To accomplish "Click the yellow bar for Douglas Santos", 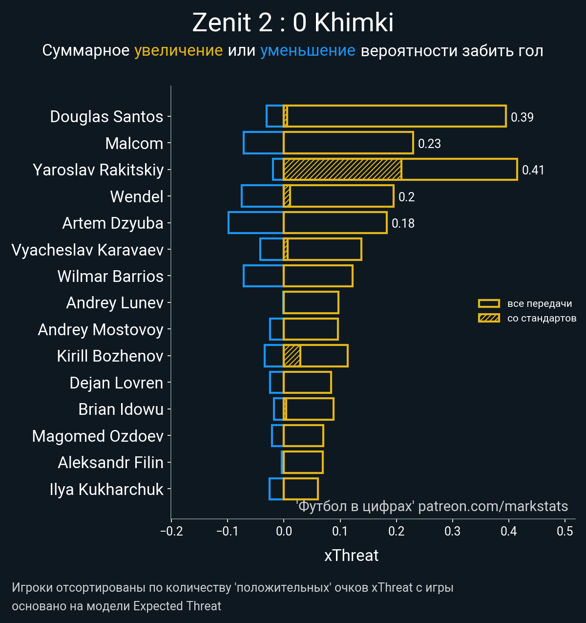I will (396, 116).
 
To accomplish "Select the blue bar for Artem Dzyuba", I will (256, 223).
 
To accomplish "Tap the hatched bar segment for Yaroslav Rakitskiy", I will (342, 170).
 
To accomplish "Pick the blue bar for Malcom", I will (263, 143).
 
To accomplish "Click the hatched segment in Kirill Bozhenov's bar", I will (292, 356).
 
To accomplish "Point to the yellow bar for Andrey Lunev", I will (311, 302).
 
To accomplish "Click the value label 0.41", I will (533, 170).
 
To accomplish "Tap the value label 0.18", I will (403, 223).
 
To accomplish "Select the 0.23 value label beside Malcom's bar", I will (429, 144).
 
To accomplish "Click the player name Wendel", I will (137, 196).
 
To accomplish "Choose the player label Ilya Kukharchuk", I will (106, 489).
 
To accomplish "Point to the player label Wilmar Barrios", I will (110, 276).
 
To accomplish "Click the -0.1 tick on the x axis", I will (227, 531).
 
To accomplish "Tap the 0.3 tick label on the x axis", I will (453, 531).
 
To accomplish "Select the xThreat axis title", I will (351, 556).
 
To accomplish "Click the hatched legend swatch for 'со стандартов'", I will (489, 318).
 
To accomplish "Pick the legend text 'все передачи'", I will (540, 303).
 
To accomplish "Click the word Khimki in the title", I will (354, 22).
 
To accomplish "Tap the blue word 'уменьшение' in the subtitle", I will (308, 51).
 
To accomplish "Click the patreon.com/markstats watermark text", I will (493, 506).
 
